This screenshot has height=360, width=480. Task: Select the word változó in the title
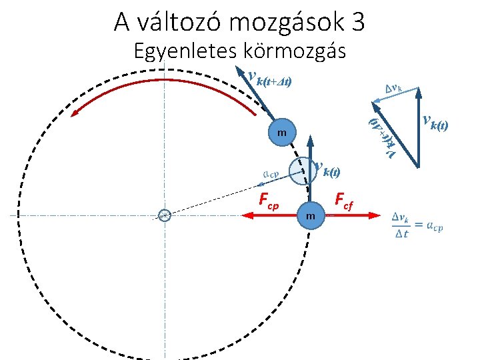coord(180,22)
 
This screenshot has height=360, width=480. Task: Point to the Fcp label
coord(269,199)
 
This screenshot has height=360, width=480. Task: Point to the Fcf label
coord(346,198)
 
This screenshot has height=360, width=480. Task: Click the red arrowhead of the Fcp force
coord(248,215)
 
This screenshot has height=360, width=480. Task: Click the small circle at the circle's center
coord(165,215)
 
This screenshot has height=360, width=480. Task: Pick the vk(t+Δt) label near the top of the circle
coord(269,80)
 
